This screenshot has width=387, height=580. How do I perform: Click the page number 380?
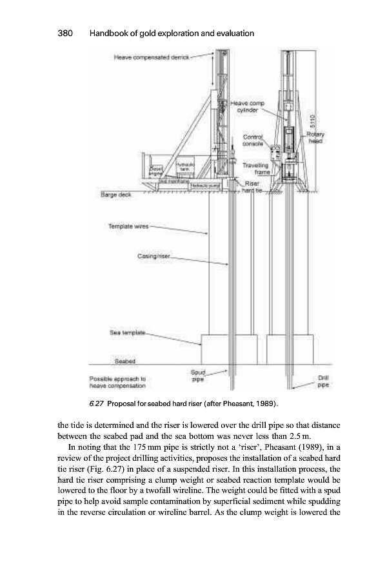66,33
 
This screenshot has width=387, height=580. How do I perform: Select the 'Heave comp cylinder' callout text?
245,106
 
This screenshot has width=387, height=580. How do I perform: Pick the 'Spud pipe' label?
198,376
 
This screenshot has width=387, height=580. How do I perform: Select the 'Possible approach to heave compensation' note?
117,383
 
